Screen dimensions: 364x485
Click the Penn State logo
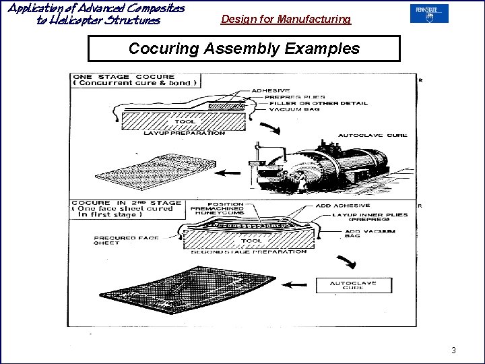point(429,13)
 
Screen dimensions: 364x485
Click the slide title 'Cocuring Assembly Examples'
point(244,49)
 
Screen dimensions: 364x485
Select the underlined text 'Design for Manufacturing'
point(286,20)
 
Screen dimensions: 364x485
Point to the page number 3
point(453,350)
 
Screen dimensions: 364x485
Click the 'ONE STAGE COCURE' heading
point(123,77)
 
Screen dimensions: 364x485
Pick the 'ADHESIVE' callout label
point(270,90)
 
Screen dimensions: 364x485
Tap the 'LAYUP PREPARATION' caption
point(184,133)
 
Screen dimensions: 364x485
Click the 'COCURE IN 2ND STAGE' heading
point(126,202)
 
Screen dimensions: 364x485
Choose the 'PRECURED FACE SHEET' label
point(116,241)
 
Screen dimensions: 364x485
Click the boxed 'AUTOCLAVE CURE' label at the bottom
point(353,285)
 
